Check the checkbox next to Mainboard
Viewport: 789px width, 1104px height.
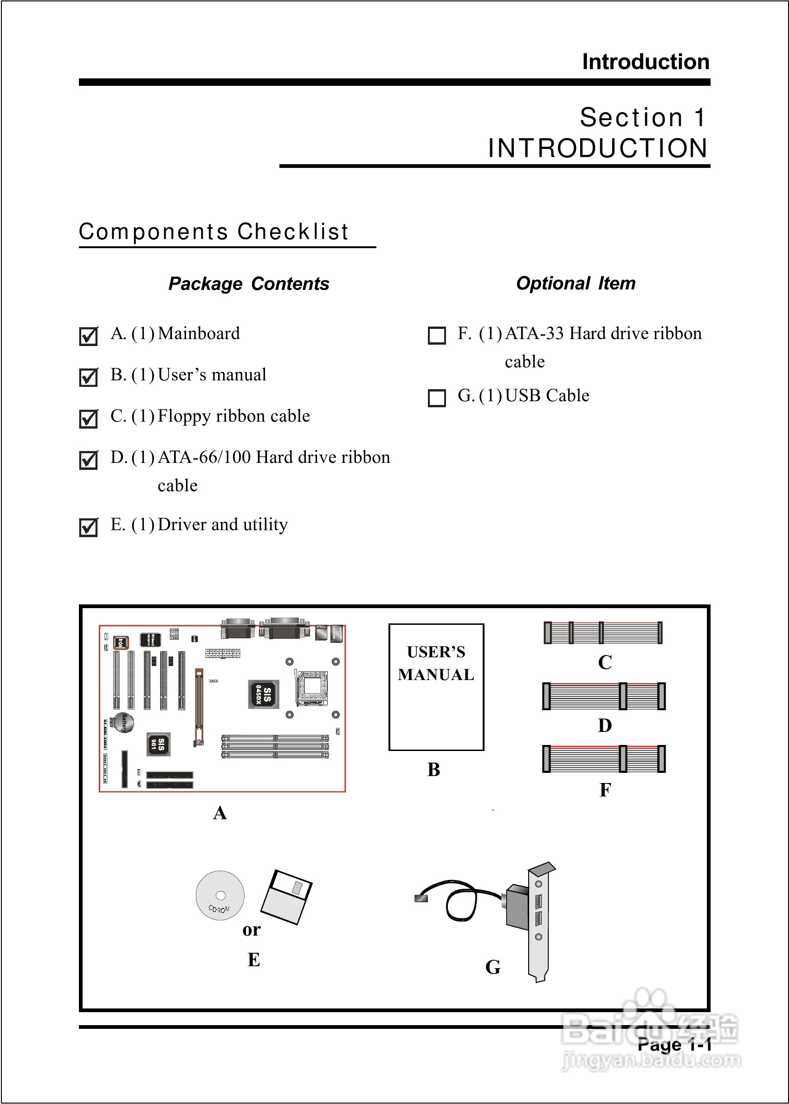pyautogui.click(x=89, y=336)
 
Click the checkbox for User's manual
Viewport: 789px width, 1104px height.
pyautogui.click(x=89, y=377)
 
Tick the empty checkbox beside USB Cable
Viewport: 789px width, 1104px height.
pyautogui.click(x=436, y=398)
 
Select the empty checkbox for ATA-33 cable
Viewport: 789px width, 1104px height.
pyautogui.click(x=436, y=335)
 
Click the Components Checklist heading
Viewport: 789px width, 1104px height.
pyautogui.click(x=214, y=231)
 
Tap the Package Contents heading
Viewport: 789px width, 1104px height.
pyautogui.click(x=249, y=284)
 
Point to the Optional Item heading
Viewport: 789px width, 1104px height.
pyautogui.click(x=576, y=283)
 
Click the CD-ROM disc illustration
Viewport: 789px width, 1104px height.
pyautogui.click(x=220, y=895)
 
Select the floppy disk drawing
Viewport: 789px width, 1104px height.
pyautogui.click(x=287, y=896)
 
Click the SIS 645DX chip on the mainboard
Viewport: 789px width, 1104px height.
pyautogui.click(x=263, y=694)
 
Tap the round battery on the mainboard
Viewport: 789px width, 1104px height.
pyautogui.click(x=123, y=723)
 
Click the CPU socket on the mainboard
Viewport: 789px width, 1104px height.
pyautogui.click(x=312, y=687)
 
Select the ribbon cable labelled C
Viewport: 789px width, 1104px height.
pyautogui.click(x=602, y=633)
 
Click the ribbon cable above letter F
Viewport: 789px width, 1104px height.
pyautogui.click(x=604, y=759)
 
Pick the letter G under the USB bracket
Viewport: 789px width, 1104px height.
pyautogui.click(x=492, y=967)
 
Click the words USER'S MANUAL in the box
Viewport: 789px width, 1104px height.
pyautogui.click(x=436, y=663)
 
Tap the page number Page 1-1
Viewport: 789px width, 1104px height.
pyautogui.click(x=674, y=1044)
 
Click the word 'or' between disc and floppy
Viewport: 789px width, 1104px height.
pyautogui.click(x=252, y=929)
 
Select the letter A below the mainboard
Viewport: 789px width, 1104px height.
pyautogui.click(x=220, y=813)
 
